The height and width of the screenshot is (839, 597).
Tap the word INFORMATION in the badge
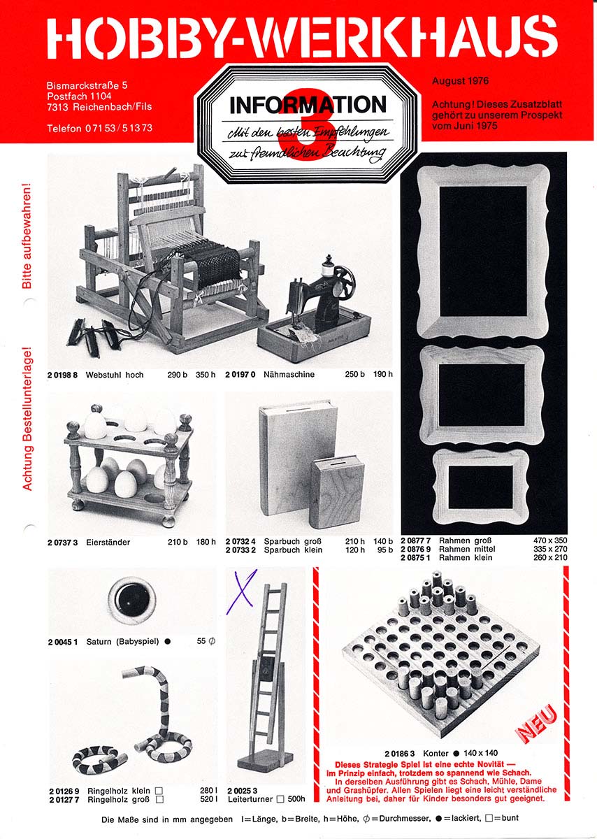308,106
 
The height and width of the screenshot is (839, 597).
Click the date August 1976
460,81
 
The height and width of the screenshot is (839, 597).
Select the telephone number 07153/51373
119,128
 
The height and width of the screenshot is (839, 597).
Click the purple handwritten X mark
241,591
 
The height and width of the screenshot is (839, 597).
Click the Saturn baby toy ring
132,600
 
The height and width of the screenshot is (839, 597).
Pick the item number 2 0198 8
62,375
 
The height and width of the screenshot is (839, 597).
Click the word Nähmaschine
289,375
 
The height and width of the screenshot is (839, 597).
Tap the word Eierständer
108,543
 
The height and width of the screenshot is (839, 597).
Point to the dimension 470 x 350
549,540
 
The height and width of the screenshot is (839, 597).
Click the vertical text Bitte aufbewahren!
27,236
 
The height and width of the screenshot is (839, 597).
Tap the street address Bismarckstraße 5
87,85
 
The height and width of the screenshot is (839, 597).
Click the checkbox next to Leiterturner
280,799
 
